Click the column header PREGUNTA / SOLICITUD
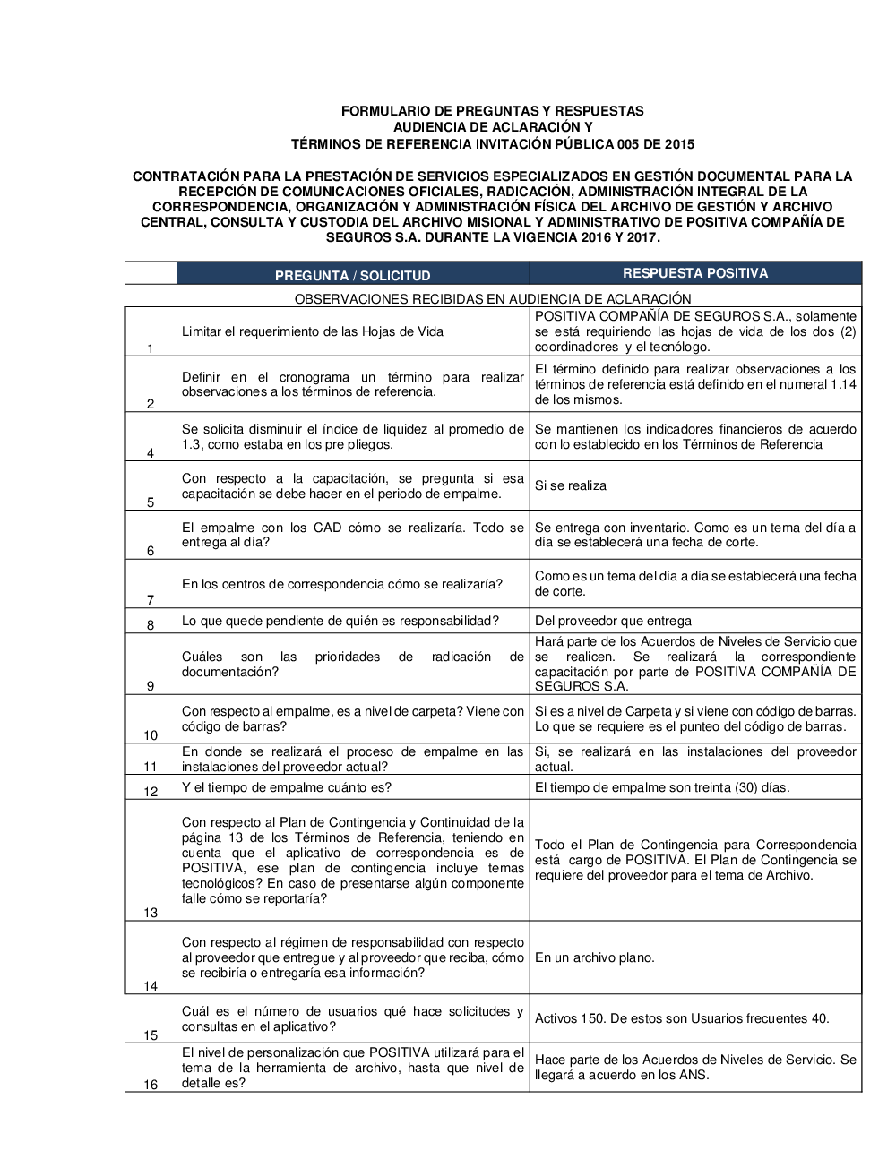click(x=352, y=276)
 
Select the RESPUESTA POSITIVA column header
click(x=695, y=273)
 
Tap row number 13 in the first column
click(x=151, y=913)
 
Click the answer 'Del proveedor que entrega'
click(x=613, y=621)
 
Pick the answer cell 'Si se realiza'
click(x=571, y=485)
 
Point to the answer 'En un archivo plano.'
click(x=595, y=957)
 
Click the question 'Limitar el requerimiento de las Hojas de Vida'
click(x=313, y=331)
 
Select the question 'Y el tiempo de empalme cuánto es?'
click(x=287, y=787)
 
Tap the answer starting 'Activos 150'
click(x=682, y=1018)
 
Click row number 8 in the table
click(x=151, y=625)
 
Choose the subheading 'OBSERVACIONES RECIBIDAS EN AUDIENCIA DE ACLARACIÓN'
click(x=493, y=298)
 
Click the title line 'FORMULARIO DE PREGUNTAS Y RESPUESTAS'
click(x=492, y=111)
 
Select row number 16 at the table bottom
click(x=151, y=1085)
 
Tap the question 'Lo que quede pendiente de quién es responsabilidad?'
click(x=340, y=621)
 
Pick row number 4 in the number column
click(x=151, y=453)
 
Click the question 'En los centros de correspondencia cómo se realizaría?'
click(x=342, y=584)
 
